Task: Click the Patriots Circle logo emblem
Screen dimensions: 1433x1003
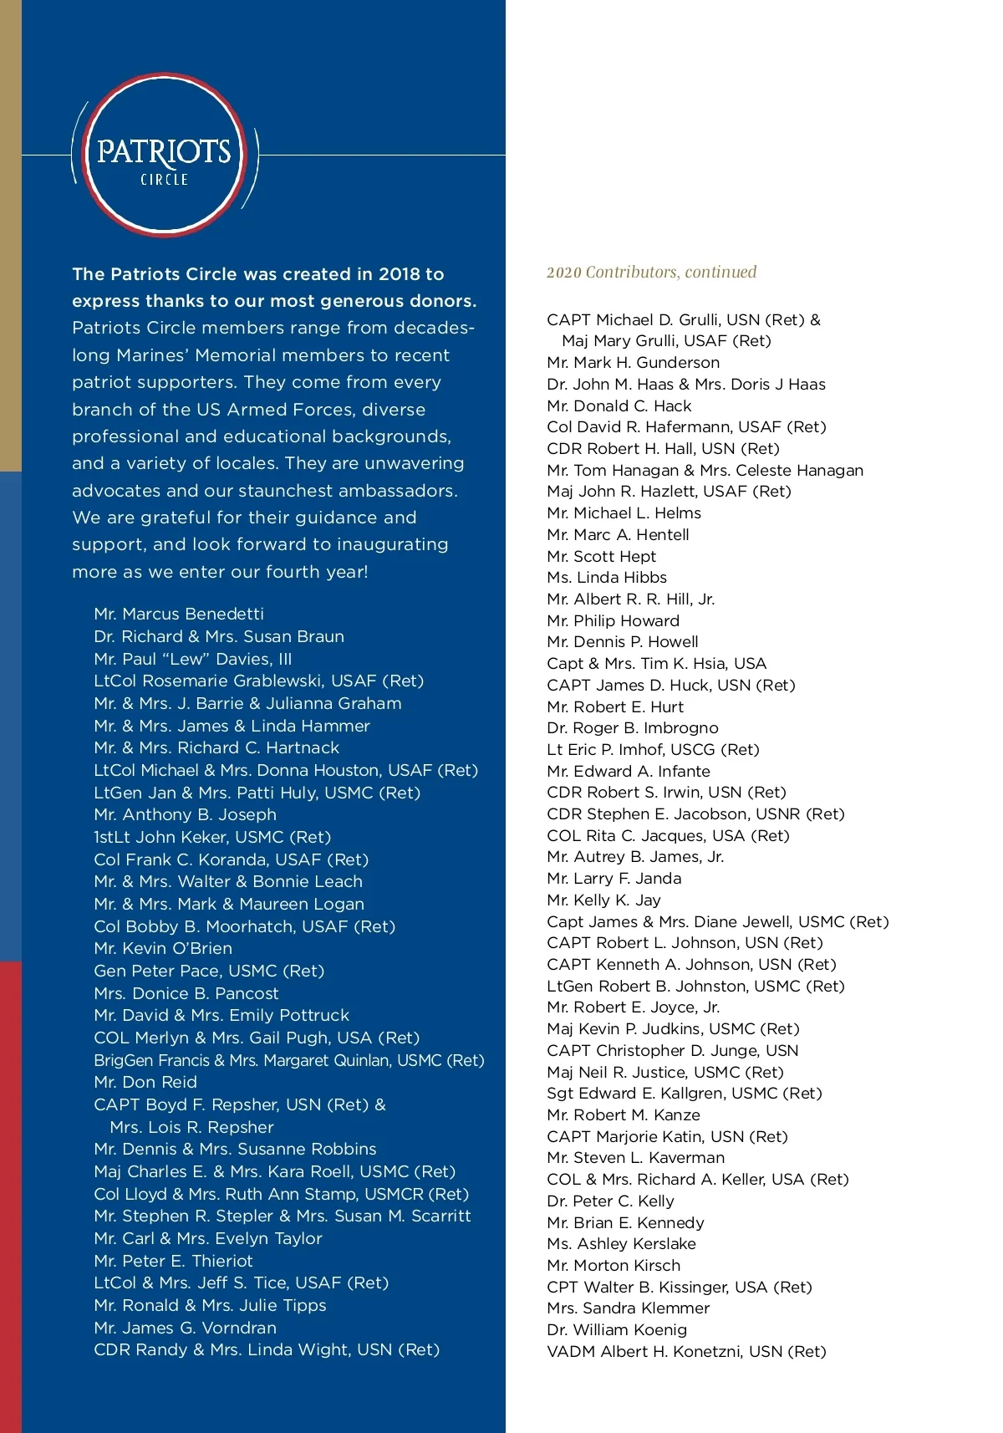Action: [x=165, y=155]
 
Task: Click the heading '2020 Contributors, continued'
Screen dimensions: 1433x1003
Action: [x=651, y=273]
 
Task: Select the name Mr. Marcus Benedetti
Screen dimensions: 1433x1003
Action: [x=179, y=614]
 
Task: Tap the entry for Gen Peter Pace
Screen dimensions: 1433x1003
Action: [x=209, y=971]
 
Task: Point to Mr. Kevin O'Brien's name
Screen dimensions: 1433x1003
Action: [x=163, y=948]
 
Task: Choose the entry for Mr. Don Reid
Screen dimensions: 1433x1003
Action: [x=145, y=1082]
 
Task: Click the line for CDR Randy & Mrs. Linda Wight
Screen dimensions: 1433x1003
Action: [x=267, y=1349]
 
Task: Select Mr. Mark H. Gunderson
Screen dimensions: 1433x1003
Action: [x=633, y=362]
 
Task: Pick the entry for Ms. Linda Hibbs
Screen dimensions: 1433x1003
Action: [x=607, y=577]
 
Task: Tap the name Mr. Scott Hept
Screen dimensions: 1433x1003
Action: [x=601, y=556]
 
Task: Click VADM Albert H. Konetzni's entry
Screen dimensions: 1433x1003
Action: [x=686, y=1351]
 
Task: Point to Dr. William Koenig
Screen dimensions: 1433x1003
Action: [x=617, y=1329]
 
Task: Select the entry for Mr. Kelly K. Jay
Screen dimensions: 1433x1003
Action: [x=603, y=900]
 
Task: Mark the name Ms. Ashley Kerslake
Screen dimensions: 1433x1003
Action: [x=621, y=1243]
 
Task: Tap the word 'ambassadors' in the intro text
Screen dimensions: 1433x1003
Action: [x=396, y=491]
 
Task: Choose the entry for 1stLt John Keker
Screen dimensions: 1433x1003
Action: [x=212, y=837]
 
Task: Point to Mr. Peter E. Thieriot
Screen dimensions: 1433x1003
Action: [x=173, y=1261]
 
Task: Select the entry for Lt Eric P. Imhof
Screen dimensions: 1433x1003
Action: [x=653, y=749]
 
